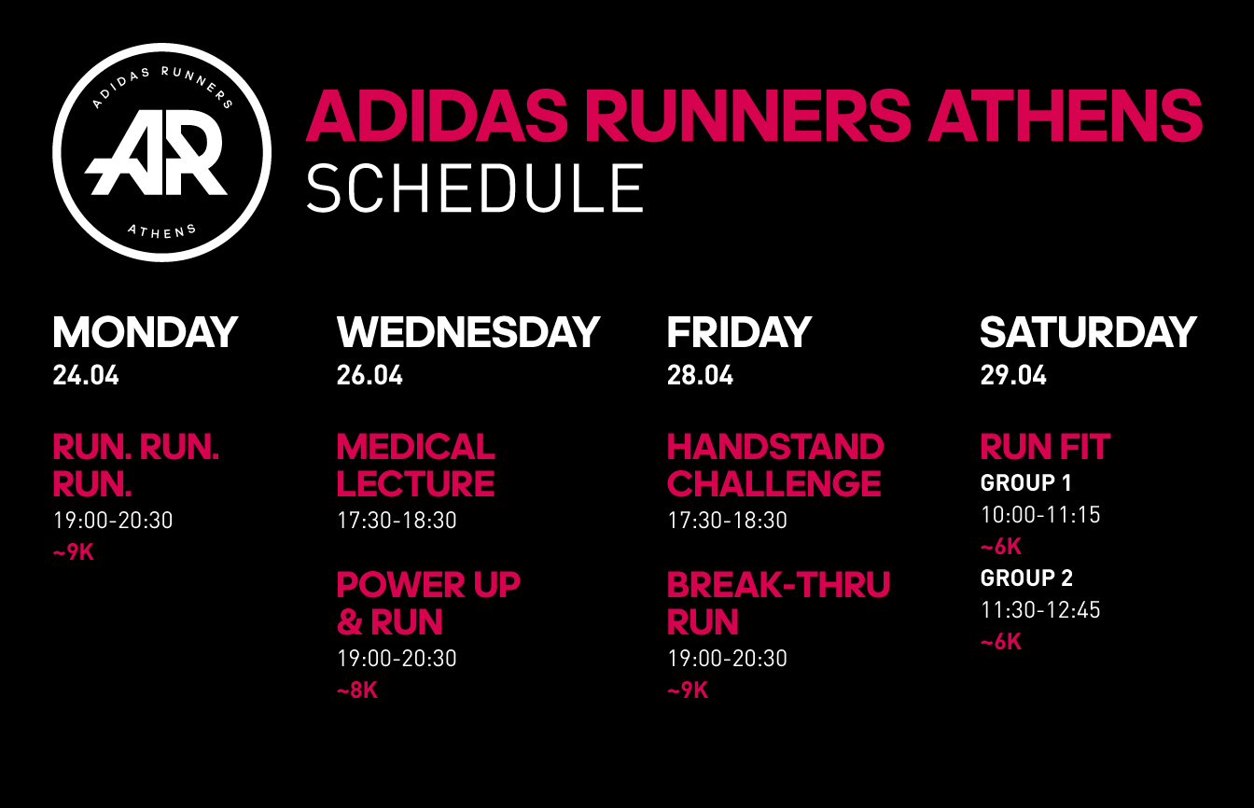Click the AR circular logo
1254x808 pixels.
[x=161, y=152]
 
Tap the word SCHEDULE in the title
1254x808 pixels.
[x=475, y=188]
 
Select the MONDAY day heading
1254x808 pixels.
[x=146, y=332]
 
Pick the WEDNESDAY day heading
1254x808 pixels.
[x=468, y=332]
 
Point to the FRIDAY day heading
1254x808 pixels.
[x=739, y=332]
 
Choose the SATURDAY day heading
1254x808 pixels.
[x=1088, y=332]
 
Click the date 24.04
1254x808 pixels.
[x=86, y=375]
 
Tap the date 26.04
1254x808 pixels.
[x=369, y=375]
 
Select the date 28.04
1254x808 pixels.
[x=700, y=375]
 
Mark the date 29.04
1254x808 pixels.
[x=1013, y=375]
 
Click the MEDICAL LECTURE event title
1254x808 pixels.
[x=416, y=466]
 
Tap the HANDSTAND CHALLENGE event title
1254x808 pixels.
[x=776, y=466]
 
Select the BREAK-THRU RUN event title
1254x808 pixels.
[x=779, y=603]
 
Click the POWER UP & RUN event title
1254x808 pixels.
[x=428, y=603]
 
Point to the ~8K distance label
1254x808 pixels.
[x=357, y=690]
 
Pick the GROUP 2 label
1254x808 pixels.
[x=1026, y=578]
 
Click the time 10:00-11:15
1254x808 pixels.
[x=1040, y=515]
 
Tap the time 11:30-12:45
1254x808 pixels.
[x=1040, y=610]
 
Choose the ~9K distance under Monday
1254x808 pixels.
[x=74, y=552]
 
